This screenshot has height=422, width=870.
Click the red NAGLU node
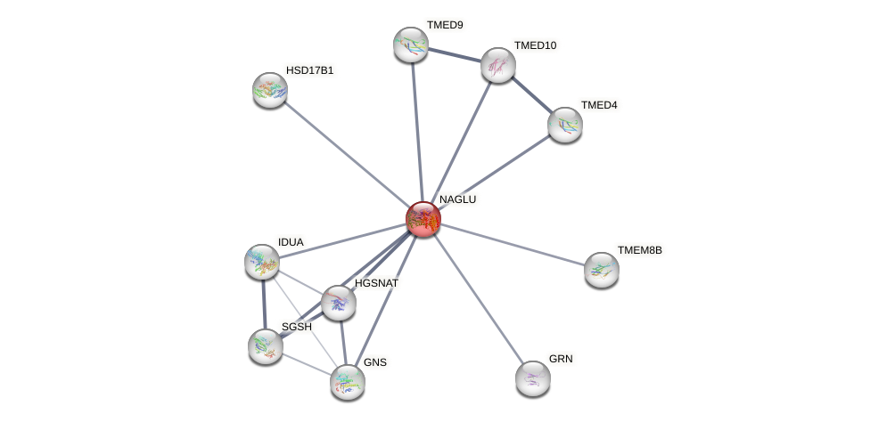423,219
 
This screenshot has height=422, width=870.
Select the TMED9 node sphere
411,45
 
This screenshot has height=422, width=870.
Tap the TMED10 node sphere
498,65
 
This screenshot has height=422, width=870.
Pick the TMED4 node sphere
564,125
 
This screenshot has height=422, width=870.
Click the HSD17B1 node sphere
269,90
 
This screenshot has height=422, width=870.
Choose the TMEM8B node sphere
602,269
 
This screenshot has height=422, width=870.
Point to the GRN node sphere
533,378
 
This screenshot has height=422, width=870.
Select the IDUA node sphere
262,262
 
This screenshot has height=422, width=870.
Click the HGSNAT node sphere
339,303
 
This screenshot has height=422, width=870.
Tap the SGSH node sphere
266,346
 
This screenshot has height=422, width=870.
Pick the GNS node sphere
348,382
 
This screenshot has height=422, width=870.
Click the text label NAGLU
457,199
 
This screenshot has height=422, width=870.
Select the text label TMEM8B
639,250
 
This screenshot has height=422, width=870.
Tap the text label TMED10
538,45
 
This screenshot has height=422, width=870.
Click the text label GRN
561,359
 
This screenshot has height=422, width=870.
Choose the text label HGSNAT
378,283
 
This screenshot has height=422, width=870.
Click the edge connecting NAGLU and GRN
478,299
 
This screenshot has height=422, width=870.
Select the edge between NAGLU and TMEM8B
513,244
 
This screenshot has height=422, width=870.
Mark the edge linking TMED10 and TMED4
531,95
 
